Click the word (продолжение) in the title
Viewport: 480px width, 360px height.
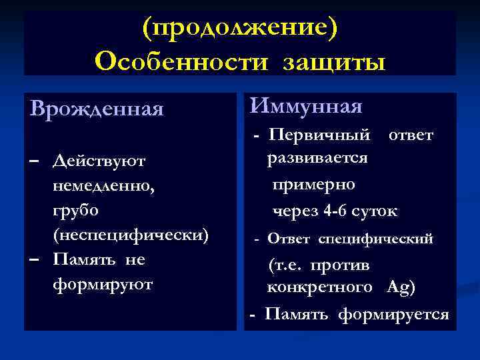coord(240,28)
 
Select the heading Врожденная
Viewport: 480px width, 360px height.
coord(97,108)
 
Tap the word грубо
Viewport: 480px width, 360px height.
coord(75,210)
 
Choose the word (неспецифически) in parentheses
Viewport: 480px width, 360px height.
coord(131,235)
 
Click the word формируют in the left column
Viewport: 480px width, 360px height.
coord(102,284)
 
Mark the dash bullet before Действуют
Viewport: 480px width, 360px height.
coord(35,161)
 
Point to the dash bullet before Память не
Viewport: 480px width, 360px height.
coord(35,259)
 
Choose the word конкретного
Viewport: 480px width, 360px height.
coord(319,288)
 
